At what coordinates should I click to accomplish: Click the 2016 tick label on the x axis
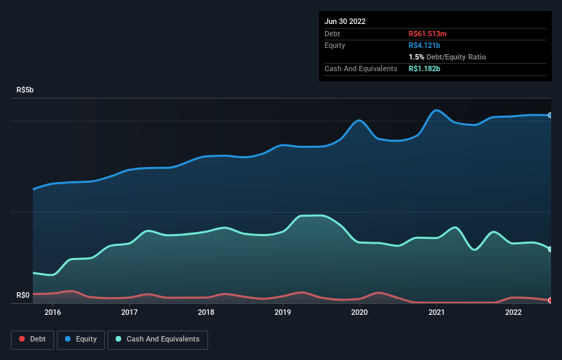point(53,313)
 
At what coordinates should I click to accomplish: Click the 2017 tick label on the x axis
point(129,313)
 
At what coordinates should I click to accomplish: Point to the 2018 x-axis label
point(206,313)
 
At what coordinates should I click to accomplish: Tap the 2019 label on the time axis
point(283,313)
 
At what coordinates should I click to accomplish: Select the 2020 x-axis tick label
point(360,313)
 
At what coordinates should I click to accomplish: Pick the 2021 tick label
point(437,313)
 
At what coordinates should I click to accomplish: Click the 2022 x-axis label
point(513,313)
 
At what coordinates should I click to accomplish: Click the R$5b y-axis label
point(25,90)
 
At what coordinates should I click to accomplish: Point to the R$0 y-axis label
point(23,296)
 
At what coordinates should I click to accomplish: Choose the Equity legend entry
point(81,339)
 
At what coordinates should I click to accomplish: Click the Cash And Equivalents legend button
point(157,339)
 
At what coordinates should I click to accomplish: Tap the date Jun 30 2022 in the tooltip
point(345,21)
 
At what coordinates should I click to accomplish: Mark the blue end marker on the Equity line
point(550,115)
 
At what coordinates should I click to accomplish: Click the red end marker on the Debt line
point(550,300)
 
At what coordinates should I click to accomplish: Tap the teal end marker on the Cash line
point(550,249)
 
